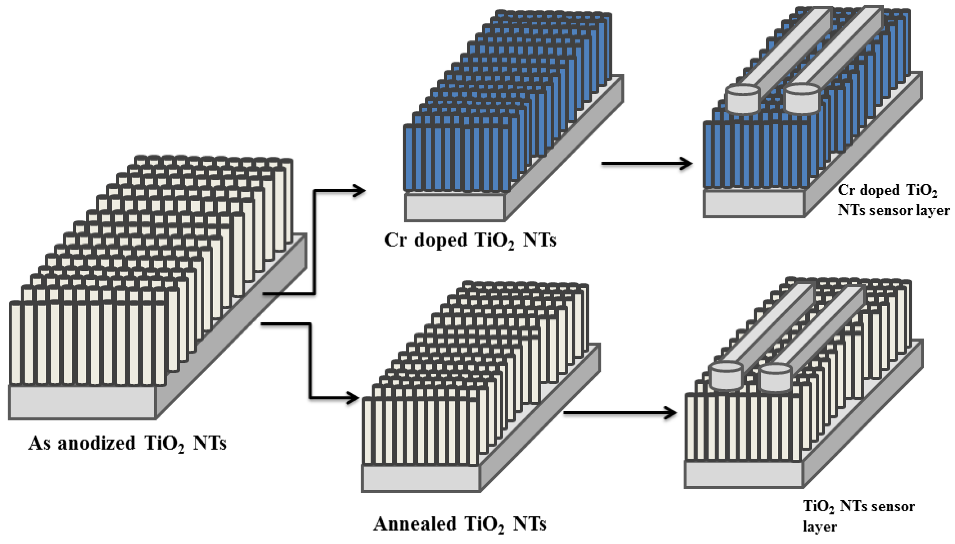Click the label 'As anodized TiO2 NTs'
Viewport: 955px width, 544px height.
point(127,444)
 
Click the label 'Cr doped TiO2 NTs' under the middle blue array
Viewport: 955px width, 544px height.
point(470,240)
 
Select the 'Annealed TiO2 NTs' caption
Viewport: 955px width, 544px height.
point(459,524)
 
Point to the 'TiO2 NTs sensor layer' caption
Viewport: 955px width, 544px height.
point(858,516)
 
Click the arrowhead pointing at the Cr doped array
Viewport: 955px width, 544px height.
point(359,191)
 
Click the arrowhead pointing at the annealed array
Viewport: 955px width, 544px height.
point(353,398)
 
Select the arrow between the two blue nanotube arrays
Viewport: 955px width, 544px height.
point(646,163)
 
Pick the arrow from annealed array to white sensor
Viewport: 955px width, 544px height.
point(620,413)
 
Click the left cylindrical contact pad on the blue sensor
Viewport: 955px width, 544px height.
point(742,99)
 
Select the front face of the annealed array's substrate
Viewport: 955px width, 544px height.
point(420,478)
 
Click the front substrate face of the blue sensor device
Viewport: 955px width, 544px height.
point(753,203)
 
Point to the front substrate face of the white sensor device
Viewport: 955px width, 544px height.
point(744,474)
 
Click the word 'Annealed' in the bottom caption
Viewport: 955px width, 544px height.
point(415,524)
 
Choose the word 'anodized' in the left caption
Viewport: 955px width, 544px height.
point(96,444)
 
